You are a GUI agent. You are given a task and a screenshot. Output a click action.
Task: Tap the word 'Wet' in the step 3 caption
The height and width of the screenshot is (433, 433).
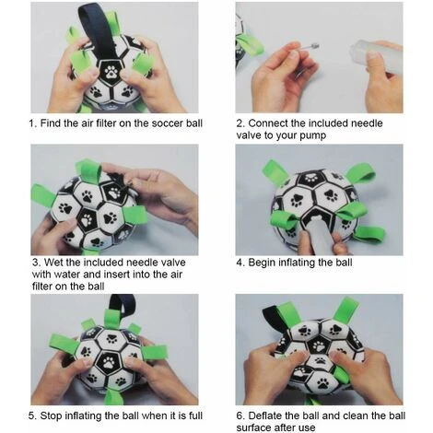click(x=53, y=263)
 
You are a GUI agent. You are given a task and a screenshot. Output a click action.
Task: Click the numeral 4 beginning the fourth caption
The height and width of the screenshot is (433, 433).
click(x=240, y=263)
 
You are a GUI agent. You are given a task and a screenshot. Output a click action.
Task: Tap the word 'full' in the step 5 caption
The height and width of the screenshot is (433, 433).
click(x=195, y=415)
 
